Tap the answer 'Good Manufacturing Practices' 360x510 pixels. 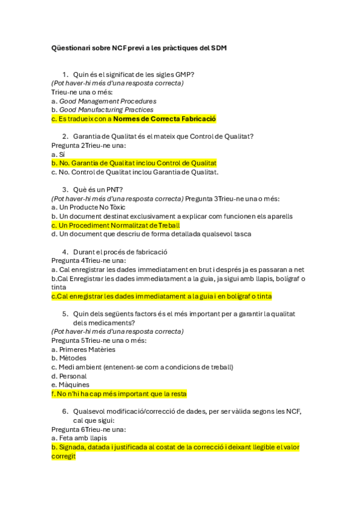[106, 110]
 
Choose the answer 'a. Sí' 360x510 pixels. [58, 154]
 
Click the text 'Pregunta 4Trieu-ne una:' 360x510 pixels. [88, 260]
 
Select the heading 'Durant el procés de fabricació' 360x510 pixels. [120, 251]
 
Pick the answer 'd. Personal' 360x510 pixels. [69, 376]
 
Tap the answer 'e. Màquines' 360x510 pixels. [70, 385]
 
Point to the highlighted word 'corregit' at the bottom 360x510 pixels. [64, 456]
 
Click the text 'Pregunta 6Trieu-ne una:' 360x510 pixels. [88, 429]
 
